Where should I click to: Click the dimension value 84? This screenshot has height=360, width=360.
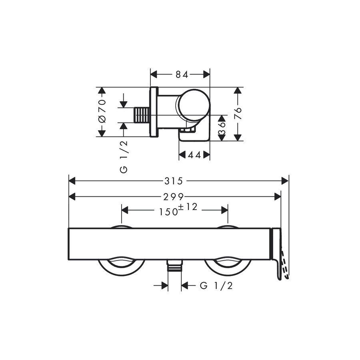point(182,74)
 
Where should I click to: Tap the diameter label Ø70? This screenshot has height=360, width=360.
point(102,111)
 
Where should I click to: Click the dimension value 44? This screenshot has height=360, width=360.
point(194,155)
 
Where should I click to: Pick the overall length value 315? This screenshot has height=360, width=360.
point(174,181)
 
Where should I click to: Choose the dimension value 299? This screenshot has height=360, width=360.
point(174,197)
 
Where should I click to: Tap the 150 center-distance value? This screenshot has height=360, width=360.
point(169,212)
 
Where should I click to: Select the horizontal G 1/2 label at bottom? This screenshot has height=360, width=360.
point(216,286)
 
